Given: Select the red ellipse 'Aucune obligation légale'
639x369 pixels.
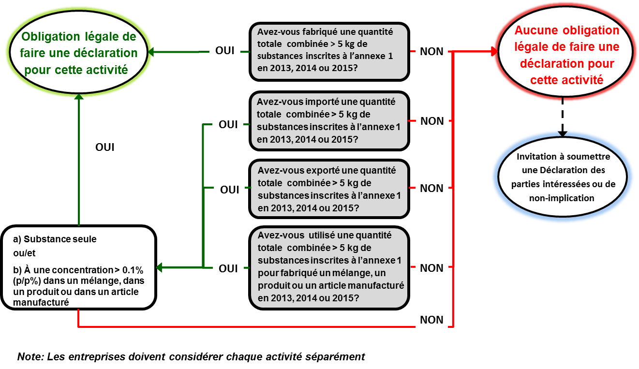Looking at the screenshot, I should [566, 55].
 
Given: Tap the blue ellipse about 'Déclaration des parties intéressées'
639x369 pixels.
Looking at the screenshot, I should [563, 177].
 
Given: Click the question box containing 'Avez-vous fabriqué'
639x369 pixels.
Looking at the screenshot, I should [329, 51].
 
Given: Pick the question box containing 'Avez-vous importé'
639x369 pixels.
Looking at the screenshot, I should [329, 121].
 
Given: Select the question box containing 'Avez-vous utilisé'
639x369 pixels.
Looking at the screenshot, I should [329, 268].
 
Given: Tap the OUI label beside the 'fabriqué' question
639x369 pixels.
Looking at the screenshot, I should [225, 51].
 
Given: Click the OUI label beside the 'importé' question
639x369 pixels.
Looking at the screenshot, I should [228, 124].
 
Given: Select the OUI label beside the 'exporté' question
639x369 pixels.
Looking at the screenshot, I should [230, 190].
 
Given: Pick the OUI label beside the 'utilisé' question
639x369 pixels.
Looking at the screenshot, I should [228, 268].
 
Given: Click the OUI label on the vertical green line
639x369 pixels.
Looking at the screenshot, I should [105, 147].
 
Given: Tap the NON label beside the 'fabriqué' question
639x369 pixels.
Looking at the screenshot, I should [431, 51].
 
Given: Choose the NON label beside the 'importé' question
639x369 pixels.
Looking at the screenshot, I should [432, 121].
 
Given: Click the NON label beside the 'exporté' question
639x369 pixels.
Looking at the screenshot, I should [431, 188].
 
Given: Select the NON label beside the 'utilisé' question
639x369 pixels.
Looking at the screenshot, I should [431, 268].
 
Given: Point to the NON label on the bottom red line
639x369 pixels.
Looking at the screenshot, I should [431, 320].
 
